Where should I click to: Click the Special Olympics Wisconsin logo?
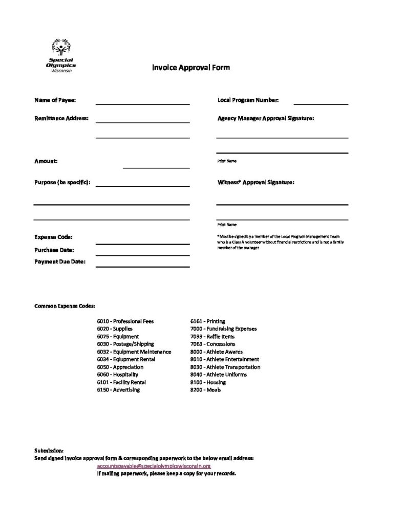click(61, 57)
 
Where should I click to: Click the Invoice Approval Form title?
click(190, 68)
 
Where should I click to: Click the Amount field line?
click(156, 166)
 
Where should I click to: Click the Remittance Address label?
click(61, 118)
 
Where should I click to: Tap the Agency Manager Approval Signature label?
click(266, 118)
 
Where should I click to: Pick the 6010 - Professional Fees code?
click(125, 321)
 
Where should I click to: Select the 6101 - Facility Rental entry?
click(121, 382)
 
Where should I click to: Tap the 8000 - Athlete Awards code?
click(216, 352)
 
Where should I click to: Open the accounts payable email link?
click(154, 467)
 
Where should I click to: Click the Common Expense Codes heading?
click(65, 305)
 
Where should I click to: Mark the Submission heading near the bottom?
click(49, 451)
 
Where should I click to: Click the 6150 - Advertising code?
click(118, 390)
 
